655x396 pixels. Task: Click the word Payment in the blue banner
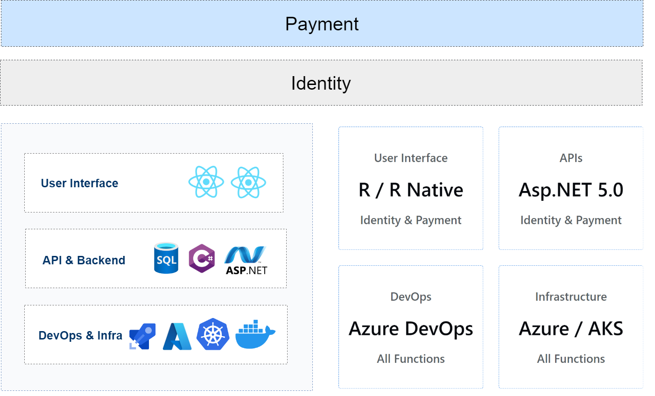pos(322,24)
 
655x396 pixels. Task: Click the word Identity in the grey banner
pos(321,84)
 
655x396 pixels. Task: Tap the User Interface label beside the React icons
pos(79,183)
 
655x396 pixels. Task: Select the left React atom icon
pos(206,182)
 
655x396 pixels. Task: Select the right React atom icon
pos(248,182)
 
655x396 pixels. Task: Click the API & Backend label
pos(84,260)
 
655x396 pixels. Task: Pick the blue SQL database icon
pos(166,258)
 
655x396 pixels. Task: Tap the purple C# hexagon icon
pos(202,258)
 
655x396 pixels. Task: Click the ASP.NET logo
pos(246,260)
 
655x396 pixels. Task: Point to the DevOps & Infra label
pos(80,335)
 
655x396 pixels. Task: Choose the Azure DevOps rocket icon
pos(142,336)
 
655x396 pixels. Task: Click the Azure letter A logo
pos(177,336)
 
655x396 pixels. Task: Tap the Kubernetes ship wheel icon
pos(213,334)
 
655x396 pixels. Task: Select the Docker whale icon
pos(255,335)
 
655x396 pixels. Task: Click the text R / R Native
pos(411,190)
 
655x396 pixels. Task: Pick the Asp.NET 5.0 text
pos(571,190)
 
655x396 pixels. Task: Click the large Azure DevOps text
pos(411,329)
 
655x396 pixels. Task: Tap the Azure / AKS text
pos(571,329)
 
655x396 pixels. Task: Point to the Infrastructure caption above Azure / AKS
pos(571,297)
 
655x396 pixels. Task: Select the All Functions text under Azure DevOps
pos(411,359)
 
